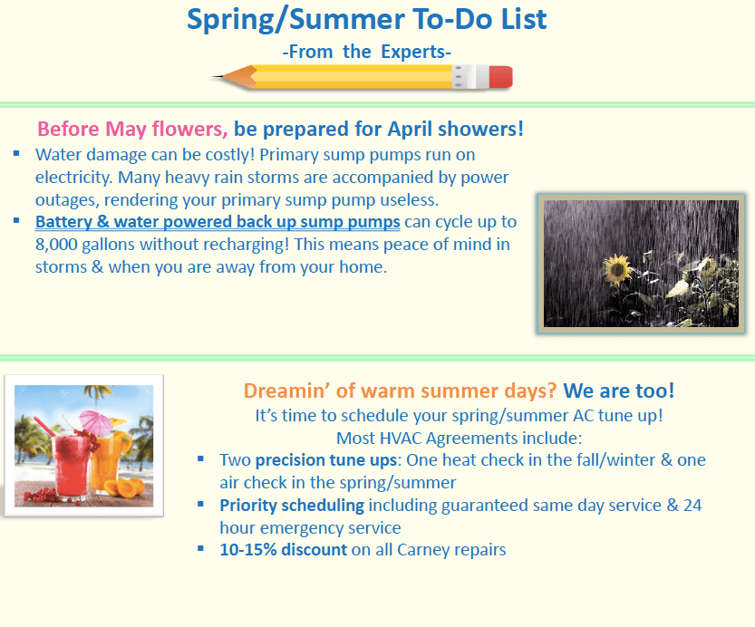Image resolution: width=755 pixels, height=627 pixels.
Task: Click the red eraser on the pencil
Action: point(500,77)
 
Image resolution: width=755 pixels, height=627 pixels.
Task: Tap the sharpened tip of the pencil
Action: point(213,76)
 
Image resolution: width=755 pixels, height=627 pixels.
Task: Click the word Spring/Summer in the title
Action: point(295,20)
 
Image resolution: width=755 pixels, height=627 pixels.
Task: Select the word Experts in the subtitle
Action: point(415,52)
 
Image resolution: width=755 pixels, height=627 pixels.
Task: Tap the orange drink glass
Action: point(111,463)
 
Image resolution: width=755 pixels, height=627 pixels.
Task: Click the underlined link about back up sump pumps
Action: point(218,222)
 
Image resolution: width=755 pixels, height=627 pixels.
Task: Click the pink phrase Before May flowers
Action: point(132,129)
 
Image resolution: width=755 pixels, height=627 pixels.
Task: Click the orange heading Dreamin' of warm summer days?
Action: point(400,391)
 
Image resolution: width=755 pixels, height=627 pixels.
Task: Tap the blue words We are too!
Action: point(619,391)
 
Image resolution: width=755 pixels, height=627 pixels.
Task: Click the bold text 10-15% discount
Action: point(283,549)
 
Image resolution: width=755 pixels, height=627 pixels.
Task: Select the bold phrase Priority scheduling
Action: point(292,506)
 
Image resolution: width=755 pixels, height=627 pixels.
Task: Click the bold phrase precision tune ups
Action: point(326,460)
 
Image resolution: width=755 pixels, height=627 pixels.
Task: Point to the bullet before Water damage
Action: point(16,153)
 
